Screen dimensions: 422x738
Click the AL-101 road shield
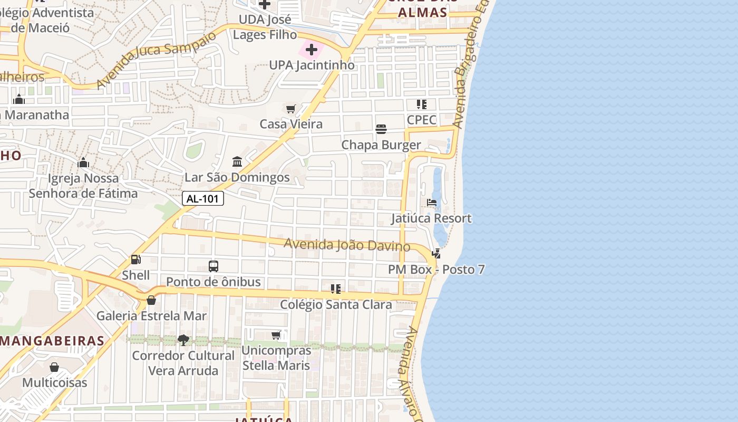click(203, 198)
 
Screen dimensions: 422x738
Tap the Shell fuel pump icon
click(135, 260)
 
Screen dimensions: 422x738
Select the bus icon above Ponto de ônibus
click(213, 266)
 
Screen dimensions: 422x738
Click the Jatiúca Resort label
click(431, 218)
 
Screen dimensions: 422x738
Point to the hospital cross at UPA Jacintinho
click(312, 50)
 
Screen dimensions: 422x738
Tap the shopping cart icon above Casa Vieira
click(290, 109)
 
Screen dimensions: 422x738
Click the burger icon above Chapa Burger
click(381, 129)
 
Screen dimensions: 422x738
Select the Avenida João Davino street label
click(347, 245)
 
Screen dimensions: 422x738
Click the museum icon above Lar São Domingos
click(237, 161)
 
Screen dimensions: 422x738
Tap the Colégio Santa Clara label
click(336, 305)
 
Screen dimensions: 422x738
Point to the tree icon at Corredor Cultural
click(183, 340)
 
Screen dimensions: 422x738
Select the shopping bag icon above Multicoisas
click(54, 367)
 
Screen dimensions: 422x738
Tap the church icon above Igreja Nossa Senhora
click(83, 163)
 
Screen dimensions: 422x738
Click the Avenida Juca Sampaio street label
click(157, 59)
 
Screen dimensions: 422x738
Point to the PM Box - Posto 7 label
click(436, 270)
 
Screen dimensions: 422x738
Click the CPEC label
click(422, 120)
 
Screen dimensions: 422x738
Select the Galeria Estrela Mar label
click(151, 316)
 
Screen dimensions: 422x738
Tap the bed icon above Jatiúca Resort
click(432, 203)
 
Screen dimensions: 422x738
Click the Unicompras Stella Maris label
click(276, 358)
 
